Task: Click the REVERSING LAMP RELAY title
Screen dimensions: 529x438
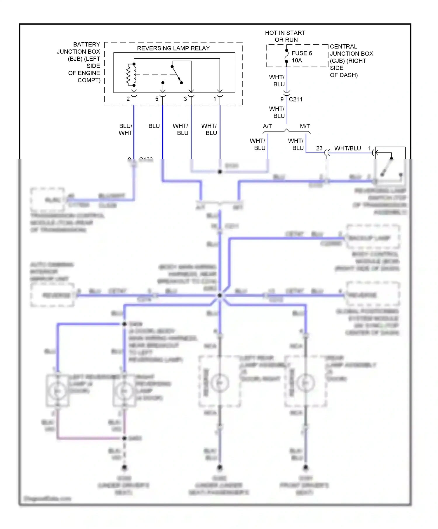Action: pos(173,48)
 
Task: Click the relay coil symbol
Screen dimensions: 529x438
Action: pos(131,75)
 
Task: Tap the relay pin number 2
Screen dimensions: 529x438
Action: pos(128,99)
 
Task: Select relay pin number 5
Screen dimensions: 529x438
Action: pos(157,99)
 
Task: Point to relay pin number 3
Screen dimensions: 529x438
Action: pos(185,99)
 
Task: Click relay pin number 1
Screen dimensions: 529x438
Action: pos(215,99)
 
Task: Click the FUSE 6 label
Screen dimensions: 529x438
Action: pos(302,53)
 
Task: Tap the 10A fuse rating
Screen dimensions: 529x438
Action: pos(297,61)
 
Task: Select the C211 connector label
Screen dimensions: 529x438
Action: pos(296,99)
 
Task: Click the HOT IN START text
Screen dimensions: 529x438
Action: pos(285,33)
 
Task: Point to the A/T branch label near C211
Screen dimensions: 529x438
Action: pos(267,126)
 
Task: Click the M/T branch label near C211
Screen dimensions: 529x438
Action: pos(305,126)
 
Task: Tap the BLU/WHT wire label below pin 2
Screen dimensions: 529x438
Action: pos(126,129)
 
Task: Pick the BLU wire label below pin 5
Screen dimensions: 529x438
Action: pos(154,126)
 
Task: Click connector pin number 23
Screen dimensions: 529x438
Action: pos(319,148)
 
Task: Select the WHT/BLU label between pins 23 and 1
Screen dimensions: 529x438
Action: pos(347,148)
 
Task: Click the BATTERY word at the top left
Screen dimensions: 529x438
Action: pos(86,45)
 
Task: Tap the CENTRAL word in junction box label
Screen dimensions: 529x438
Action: pos(343,47)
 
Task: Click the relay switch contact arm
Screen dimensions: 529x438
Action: pos(176,74)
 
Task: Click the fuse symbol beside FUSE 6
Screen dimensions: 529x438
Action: pos(286,56)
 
